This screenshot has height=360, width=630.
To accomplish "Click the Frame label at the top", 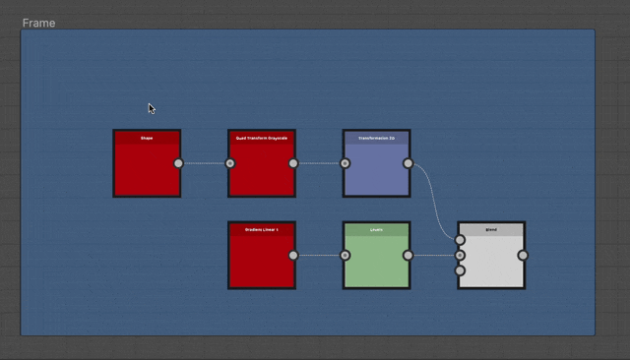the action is point(39,23).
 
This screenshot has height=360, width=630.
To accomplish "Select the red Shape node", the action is point(147,169).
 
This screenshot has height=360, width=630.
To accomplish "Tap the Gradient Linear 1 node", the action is point(262,261).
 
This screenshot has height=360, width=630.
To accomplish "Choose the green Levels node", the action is point(376,261).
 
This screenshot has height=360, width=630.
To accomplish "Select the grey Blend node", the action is point(491,261).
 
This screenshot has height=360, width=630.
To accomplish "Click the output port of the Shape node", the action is point(178,163).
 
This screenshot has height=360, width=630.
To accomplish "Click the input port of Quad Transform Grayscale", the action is point(230,163).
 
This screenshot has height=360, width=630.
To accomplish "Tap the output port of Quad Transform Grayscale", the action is point(293,163).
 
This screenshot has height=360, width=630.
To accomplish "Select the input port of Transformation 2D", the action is point(346,163).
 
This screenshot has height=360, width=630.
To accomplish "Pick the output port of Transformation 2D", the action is point(409,163).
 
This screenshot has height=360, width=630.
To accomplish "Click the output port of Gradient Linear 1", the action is point(293,255).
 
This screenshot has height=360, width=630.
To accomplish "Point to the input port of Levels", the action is point(346,255).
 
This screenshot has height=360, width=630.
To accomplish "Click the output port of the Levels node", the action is point(409,255).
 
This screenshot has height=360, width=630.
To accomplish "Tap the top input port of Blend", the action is point(460,240).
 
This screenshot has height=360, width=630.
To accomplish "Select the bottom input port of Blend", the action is point(460,270).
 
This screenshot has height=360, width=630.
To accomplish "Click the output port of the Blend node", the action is point(523,255).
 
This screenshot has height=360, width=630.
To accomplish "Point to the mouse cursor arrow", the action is point(151,108).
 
